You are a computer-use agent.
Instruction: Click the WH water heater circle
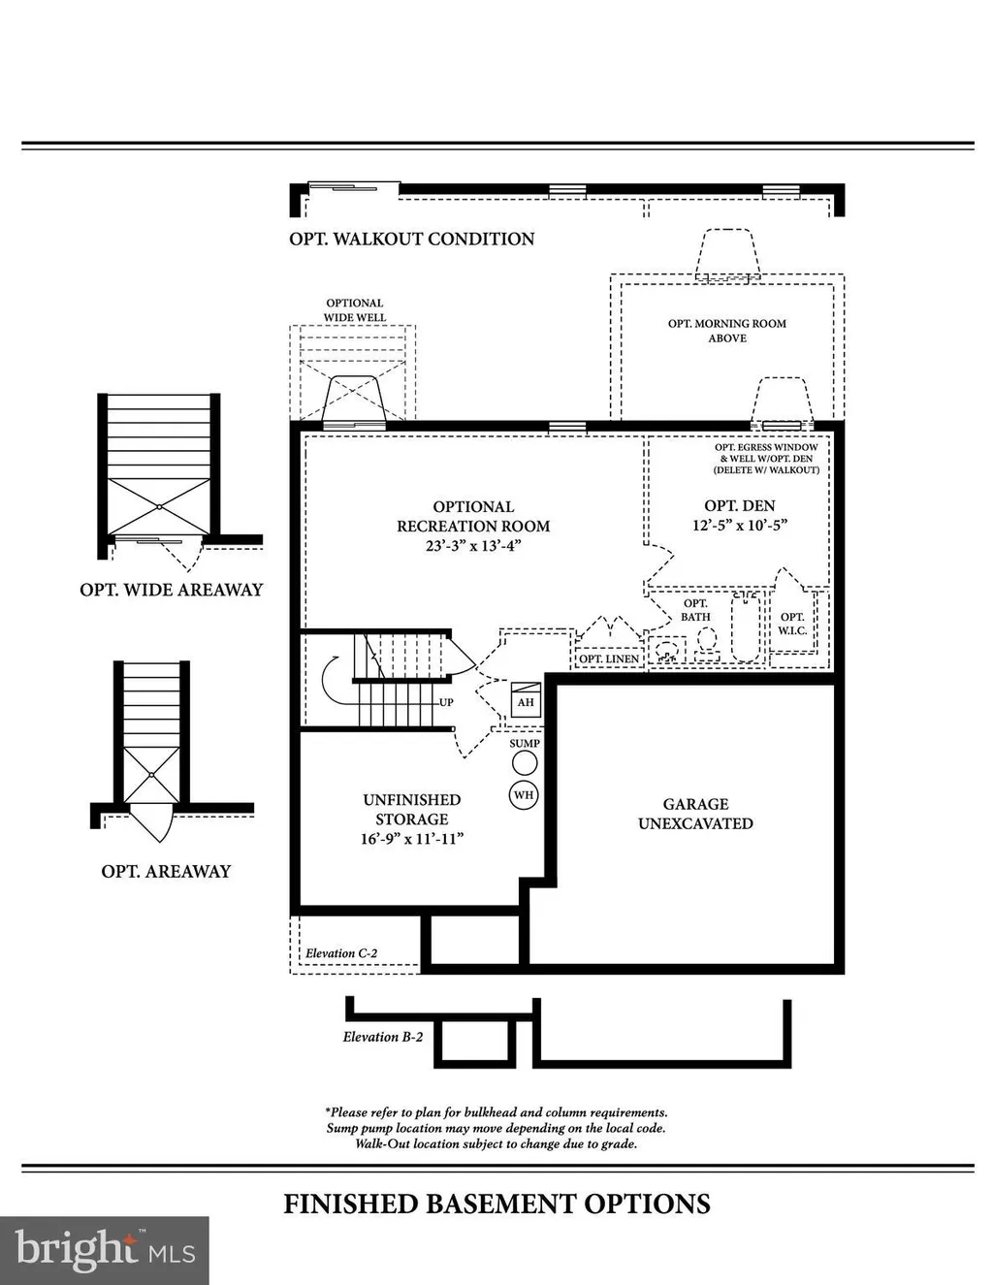[x=524, y=795]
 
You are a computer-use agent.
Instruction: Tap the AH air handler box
[x=526, y=700]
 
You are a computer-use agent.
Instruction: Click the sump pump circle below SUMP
[x=525, y=763]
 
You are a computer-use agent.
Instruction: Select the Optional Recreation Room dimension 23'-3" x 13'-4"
[x=473, y=545]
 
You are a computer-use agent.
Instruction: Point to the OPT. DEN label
[x=740, y=505]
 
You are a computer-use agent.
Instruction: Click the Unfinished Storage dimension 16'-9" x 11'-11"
[x=412, y=839]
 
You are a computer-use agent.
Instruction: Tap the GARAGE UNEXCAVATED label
[x=695, y=814]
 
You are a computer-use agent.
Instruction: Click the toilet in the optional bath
[x=707, y=644]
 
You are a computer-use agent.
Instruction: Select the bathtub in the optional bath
[x=746, y=626]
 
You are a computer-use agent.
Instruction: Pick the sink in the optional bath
[x=668, y=651]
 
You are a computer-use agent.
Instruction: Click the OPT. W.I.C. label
[x=792, y=624]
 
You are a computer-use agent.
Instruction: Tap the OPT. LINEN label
[x=609, y=659]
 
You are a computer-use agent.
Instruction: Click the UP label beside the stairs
[x=446, y=702]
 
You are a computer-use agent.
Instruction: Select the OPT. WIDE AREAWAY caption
[x=172, y=590]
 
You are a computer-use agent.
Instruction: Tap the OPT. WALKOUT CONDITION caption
[x=412, y=239]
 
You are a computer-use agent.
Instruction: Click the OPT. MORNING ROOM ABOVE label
[x=727, y=331]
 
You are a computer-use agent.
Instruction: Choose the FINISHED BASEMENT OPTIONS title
[x=497, y=1204]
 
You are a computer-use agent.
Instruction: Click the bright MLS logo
[x=105, y=1250]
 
